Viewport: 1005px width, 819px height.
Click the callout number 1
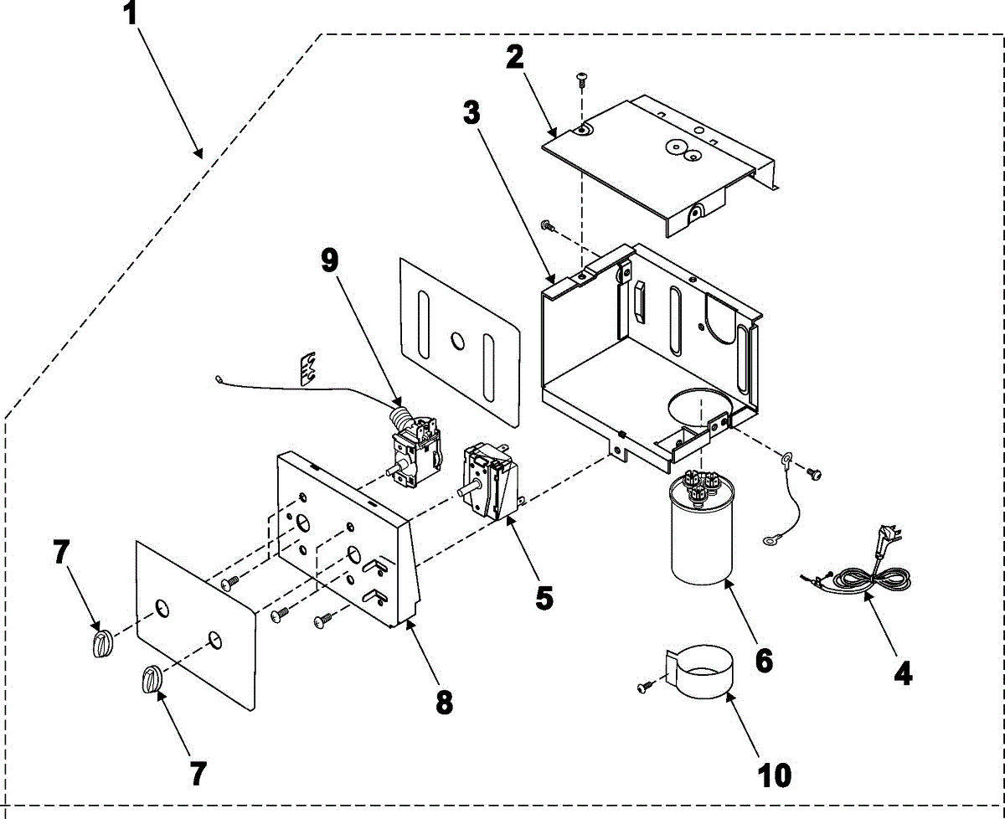tap(131, 15)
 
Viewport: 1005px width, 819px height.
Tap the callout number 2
tap(514, 57)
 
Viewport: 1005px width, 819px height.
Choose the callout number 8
tap(444, 702)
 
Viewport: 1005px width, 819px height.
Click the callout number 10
tap(776, 775)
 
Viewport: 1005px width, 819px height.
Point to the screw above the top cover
tap(582, 79)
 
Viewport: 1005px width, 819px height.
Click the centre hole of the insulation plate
tap(456, 340)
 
